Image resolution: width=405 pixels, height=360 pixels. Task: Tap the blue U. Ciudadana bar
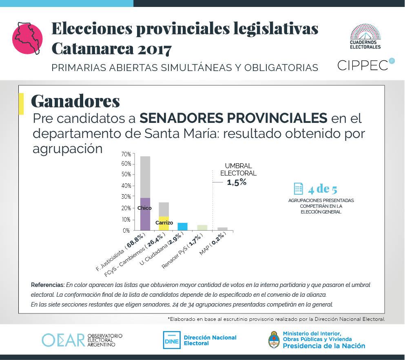click(x=182, y=227)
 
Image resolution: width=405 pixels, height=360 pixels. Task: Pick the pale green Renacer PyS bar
click(x=202, y=228)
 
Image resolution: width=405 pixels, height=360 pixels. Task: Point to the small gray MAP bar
click(x=222, y=229)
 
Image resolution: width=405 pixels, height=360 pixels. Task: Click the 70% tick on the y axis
click(x=126, y=154)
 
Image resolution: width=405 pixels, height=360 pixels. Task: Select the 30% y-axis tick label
click(x=126, y=197)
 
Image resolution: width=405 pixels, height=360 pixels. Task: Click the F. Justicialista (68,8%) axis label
click(x=121, y=251)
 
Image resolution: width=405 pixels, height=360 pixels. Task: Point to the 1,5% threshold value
click(x=237, y=182)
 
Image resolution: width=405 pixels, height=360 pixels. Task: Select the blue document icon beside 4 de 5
click(x=299, y=189)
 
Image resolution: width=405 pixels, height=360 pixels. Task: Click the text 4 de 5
click(x=323, y=189)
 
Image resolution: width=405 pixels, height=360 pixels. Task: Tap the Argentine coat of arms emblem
click(x=274, y=340)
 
